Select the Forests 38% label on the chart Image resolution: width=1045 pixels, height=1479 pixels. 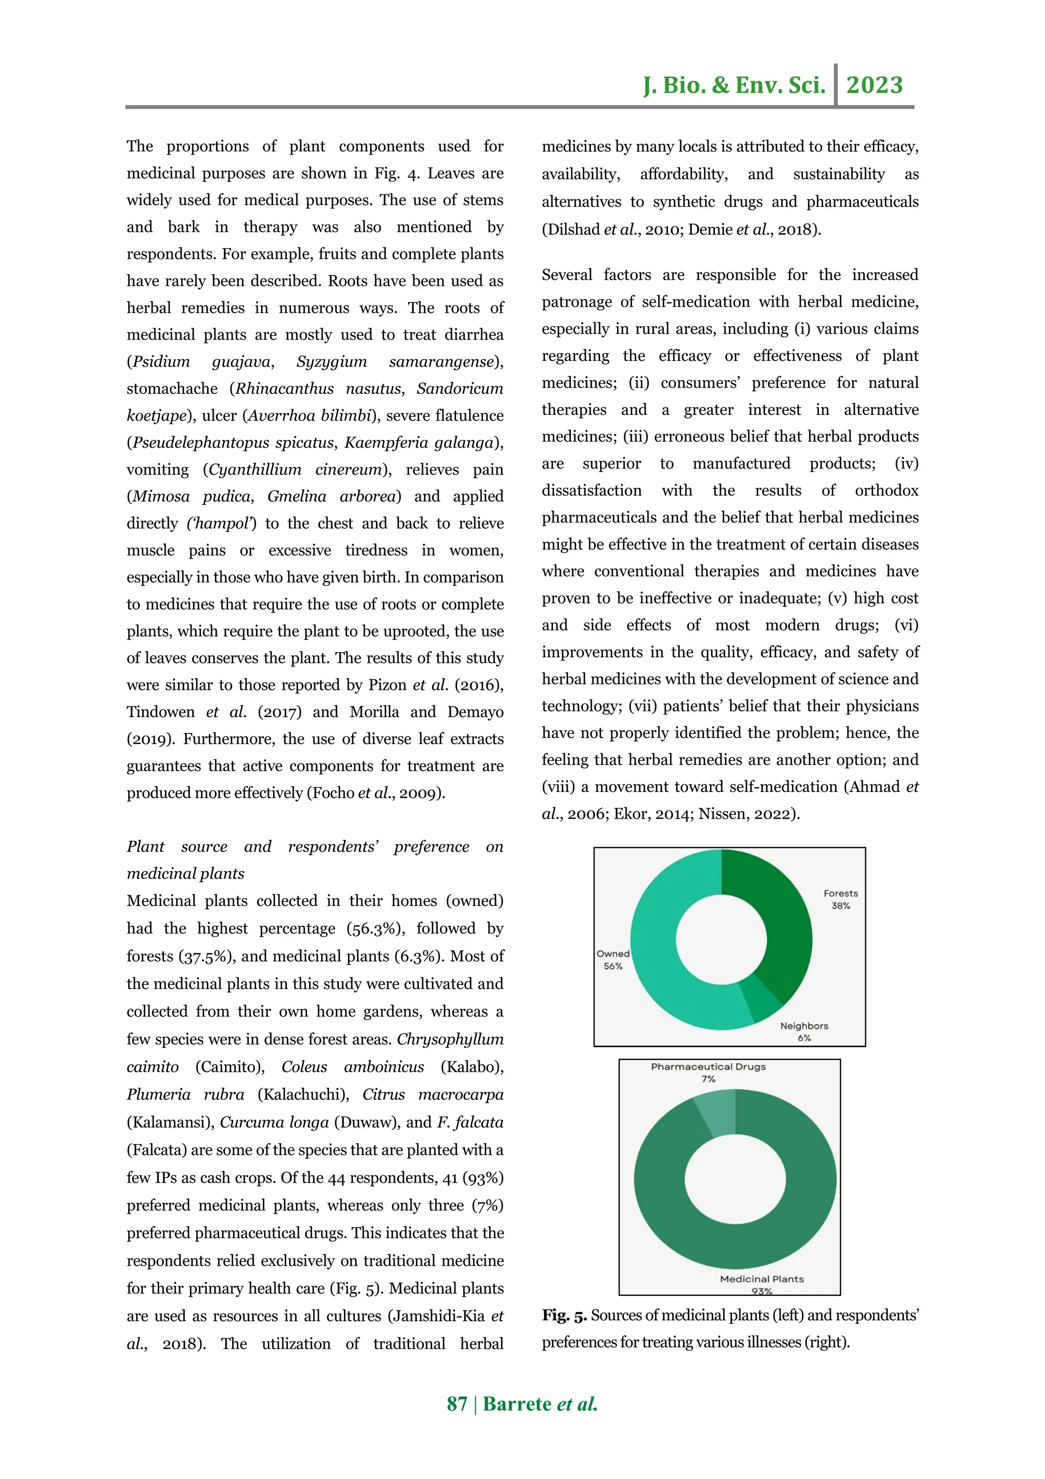tap(840, 899)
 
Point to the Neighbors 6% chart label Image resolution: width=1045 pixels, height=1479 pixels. tap(804, 1031)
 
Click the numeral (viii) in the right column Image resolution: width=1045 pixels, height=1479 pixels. tap(558, 786)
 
